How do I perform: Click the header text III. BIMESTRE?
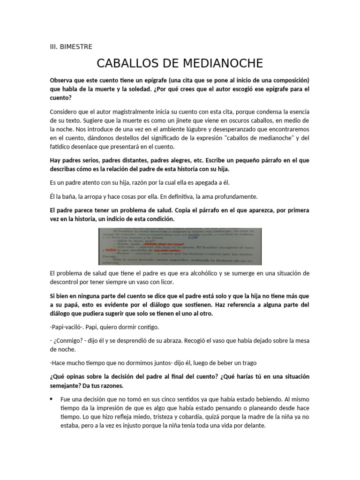pyautogui.click(x=71, y=46)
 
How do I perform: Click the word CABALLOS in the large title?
pyautogui.click(x=130, y=63)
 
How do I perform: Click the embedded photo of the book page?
pyautogui.click(x=180, y=246)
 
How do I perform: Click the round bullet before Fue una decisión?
pyautogui.click(x=51, y=399)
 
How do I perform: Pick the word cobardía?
pyautogui.click(x=205, y=417)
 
